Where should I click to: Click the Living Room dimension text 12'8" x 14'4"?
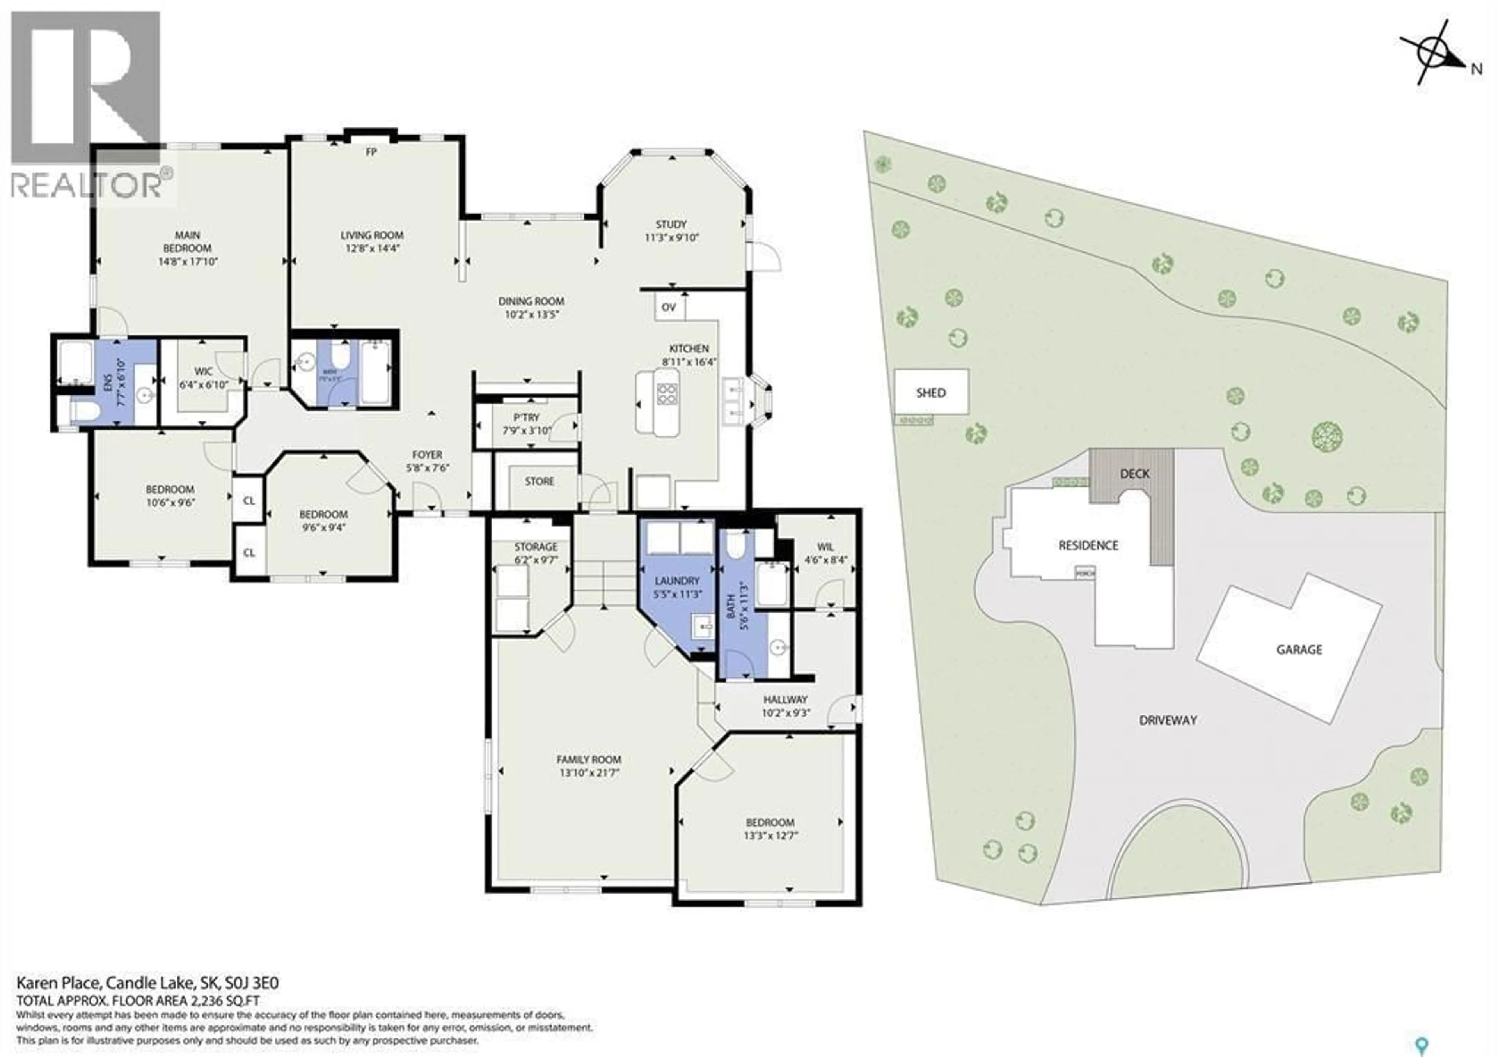372,248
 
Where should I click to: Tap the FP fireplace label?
371,152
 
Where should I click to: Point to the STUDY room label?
671,224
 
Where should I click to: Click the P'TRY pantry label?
527,417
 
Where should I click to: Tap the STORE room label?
540,481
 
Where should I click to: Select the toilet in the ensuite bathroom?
84,411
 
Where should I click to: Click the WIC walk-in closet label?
204,372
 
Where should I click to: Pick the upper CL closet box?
248,501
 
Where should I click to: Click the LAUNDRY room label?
677,580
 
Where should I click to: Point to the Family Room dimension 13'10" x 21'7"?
589,773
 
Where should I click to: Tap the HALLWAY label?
786,699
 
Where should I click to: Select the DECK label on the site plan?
1134,474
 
